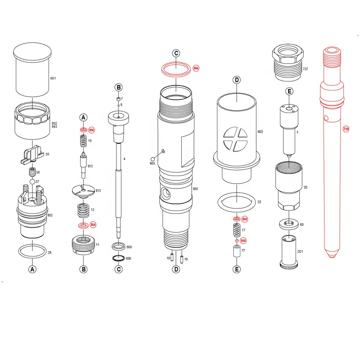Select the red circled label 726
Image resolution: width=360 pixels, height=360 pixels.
point(346,129)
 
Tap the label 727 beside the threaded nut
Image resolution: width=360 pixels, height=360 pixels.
point(306,69)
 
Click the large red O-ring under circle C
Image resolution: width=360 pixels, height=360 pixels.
point(176,70)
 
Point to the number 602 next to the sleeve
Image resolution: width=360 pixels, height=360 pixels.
point(260,132)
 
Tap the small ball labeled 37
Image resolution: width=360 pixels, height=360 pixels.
point(32,181)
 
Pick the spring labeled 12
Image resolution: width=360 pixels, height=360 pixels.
point(83,210)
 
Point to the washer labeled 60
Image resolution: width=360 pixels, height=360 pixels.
point(288,224)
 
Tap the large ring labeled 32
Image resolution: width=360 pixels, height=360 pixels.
point(236,202)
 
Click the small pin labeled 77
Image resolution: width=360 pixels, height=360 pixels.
point(235,251)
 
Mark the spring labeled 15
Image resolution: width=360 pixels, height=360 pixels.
point(83,141)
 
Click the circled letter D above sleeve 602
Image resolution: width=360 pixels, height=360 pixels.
point(236,80)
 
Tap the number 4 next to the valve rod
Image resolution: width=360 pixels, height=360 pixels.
point(124,159)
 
